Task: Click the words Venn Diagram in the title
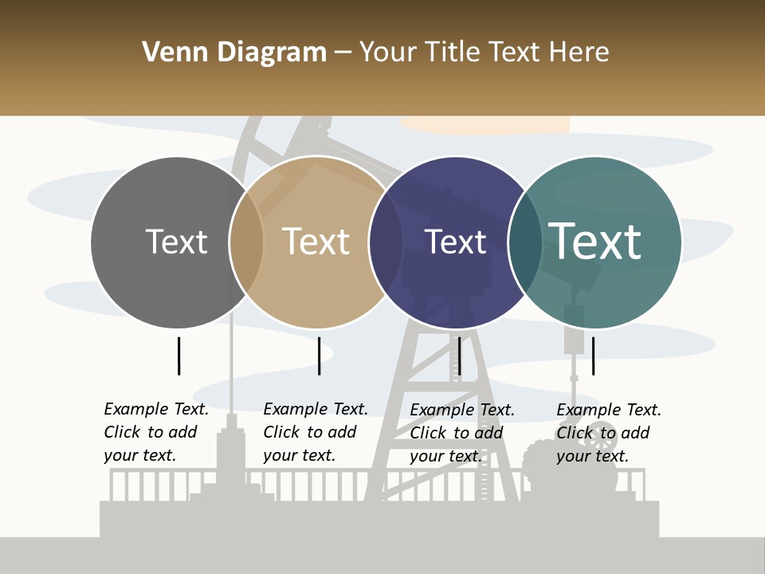234,53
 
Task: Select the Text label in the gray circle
176,242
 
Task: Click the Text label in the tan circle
316,242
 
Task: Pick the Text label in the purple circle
455,242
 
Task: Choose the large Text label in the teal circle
595,242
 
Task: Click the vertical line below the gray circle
179,356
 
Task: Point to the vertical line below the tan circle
319,356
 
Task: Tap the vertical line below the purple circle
459,356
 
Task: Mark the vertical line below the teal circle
594,356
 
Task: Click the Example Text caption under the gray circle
155,432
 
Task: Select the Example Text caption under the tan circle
315,432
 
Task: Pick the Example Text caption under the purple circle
461,433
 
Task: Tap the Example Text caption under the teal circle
608,433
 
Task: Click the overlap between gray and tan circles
246,242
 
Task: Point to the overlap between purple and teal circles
524,242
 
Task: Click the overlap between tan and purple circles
386,242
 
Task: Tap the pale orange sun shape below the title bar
486,124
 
